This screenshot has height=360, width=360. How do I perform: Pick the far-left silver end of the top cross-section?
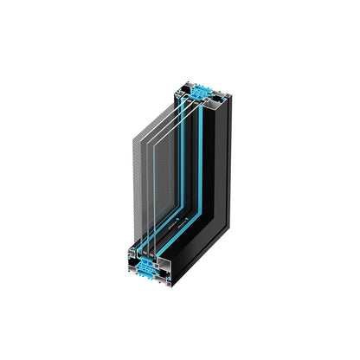(174, 91)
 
